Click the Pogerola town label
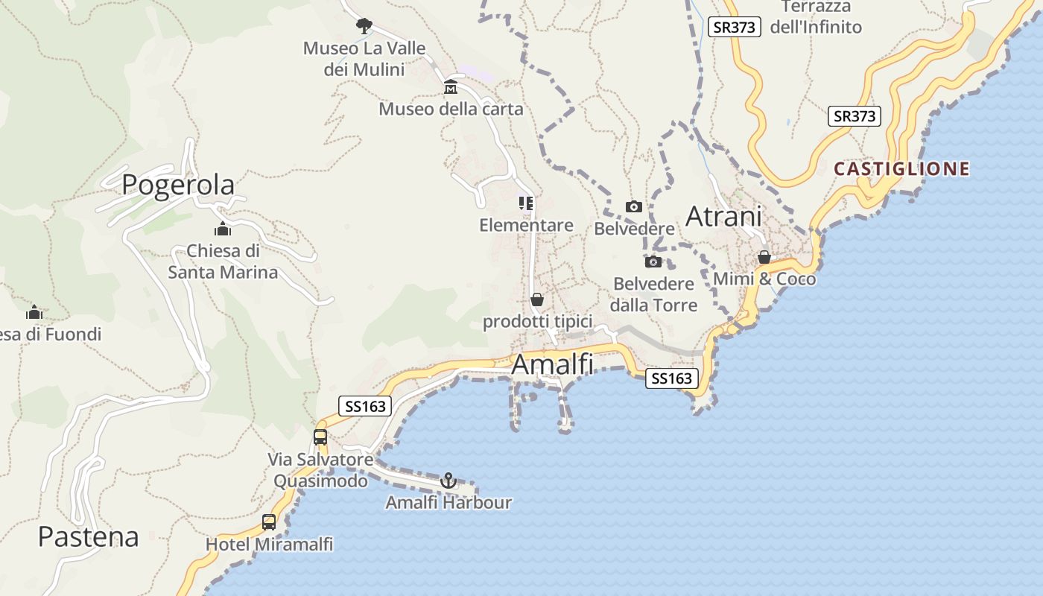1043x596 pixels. pos(178,184)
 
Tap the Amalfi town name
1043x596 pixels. pos(553,365)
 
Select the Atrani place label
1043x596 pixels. pos(723,216)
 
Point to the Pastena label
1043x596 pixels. pos(89,536)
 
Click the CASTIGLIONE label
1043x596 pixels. pos(901,168)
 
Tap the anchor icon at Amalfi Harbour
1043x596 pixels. pos(448,481)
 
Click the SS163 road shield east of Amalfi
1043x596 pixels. pos(672,378)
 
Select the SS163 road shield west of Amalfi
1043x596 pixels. pos(365,405)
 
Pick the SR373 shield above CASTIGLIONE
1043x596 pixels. pos(854,116)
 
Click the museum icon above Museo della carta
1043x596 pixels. pos(451,88)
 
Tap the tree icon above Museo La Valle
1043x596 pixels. pos(364,26)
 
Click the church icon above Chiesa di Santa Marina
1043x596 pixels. pos(222,229)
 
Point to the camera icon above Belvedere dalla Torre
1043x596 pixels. pos(653,261)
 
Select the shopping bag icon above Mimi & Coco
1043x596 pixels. pos(764,257)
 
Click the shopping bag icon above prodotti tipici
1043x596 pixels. pos(537,299)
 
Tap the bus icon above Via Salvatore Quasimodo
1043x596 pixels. pos(320,437)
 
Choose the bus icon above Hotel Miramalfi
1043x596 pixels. pos(269,522)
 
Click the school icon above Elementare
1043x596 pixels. pos(526,203)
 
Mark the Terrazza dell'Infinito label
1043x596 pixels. pos(816,17)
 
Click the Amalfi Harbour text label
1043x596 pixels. pos(448,503)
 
